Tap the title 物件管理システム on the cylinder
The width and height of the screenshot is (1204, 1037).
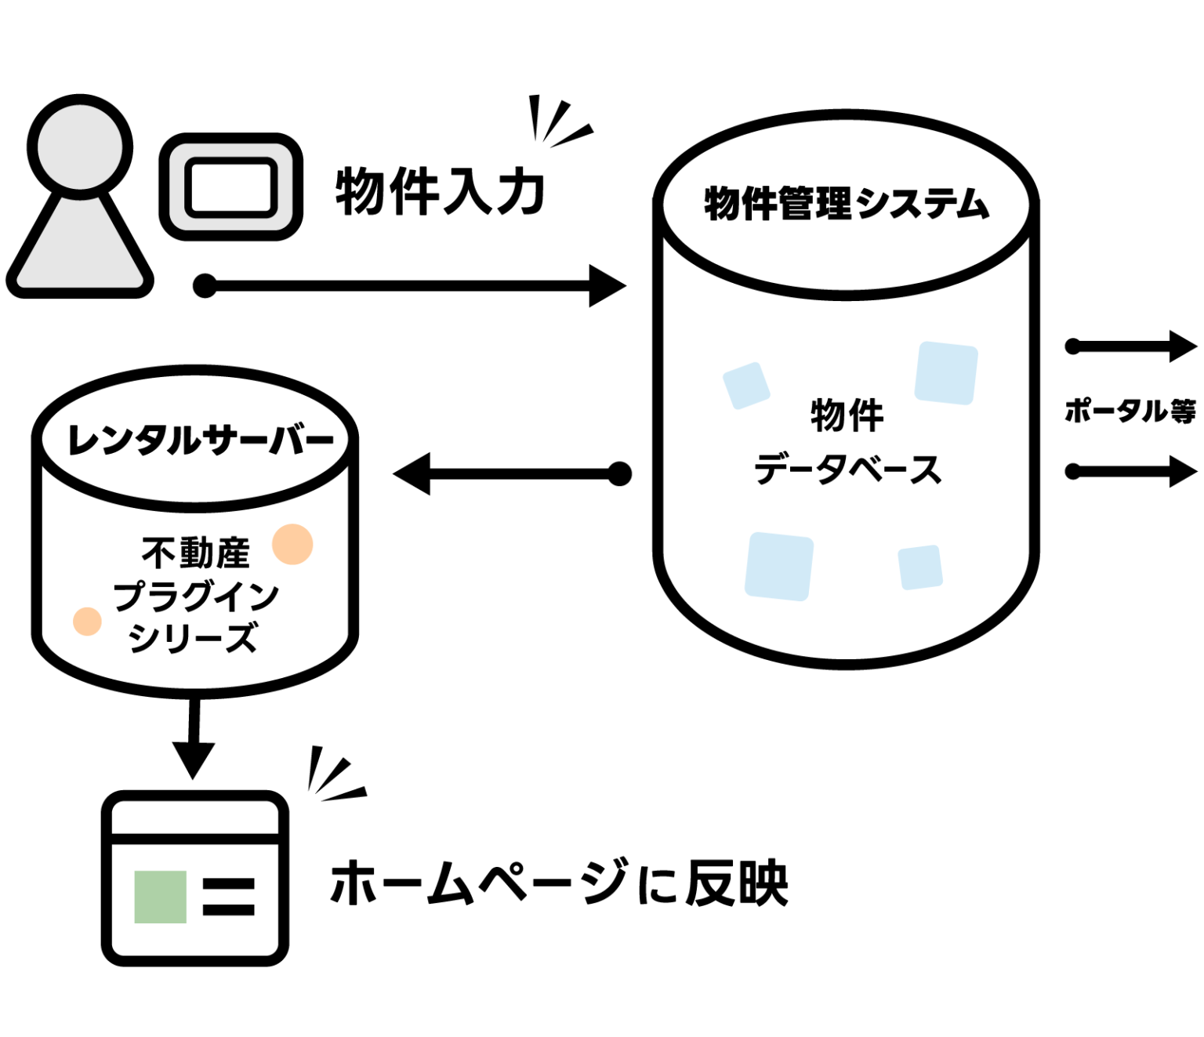click(x=846, y=204)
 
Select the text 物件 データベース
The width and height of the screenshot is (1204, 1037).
click(x=847, y=443)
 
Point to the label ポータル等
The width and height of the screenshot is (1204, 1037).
click(x=1130, y=410)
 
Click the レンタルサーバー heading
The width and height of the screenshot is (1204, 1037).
click(x=201, y=440)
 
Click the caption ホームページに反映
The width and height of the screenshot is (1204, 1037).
click(x=558, y=883)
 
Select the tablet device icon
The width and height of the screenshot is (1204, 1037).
click(x=231, y=187)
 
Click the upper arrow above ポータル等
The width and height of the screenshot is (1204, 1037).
click(x=1131, y=346)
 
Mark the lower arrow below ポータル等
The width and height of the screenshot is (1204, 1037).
click(x=1131, y=472)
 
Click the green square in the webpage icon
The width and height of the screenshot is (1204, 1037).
click(x=160, y=897)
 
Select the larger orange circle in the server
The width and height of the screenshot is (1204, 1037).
click(x=292, y=544)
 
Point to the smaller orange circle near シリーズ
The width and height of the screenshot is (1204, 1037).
click(x=87, y=622)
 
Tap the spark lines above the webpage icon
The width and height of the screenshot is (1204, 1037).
click(x=334, y=776)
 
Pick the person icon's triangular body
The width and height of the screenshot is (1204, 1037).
click(x=80, y=251)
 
